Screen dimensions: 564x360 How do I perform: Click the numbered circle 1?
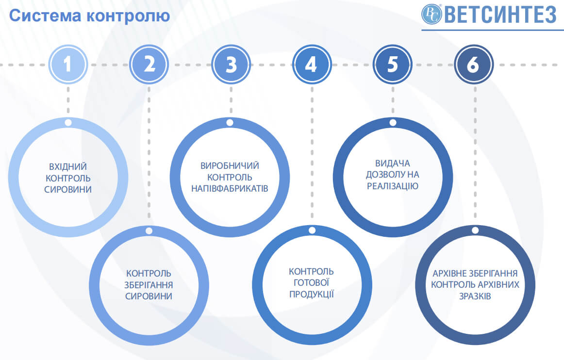pos(68,65)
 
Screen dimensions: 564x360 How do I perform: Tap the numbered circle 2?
pos(149,65)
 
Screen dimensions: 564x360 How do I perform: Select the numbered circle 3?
pos(231,65)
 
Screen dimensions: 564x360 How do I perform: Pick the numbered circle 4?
pos(312,65)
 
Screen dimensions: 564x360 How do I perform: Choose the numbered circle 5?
pos(393,65)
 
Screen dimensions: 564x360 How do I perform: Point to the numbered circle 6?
pos(474,65)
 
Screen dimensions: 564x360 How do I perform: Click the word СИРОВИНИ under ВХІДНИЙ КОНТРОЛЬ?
pos(68,190)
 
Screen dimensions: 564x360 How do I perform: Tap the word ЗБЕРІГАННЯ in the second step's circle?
pos(149,285)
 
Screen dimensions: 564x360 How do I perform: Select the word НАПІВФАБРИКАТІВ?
pos(230,189)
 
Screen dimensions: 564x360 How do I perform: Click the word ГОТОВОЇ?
pos(312,283)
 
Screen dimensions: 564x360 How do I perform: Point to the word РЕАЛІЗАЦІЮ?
pos(393,186)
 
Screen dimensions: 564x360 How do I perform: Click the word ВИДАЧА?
pos(393,164)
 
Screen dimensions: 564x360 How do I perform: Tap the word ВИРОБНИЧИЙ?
pos(230,166)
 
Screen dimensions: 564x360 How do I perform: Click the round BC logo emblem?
pos(431,15)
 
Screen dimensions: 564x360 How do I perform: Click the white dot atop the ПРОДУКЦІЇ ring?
pos(312,230)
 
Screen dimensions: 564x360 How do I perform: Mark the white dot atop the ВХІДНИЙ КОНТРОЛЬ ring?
pos(68,123)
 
